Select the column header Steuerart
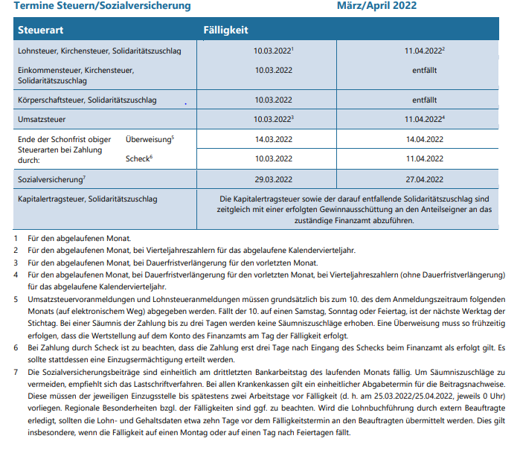41,30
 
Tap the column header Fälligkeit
225,30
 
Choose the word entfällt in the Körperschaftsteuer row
423,99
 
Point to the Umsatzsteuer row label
42,119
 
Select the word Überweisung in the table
148,139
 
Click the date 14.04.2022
425,139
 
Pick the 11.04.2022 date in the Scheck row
425,158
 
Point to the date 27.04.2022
425,179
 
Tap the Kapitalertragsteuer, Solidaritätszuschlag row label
87,199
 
